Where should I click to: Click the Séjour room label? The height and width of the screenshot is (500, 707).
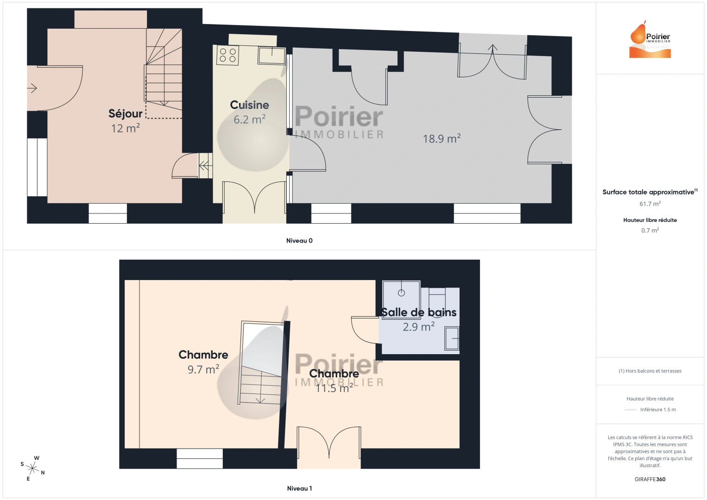click(126, 113)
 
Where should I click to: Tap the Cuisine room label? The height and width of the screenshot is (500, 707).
click(249, 105)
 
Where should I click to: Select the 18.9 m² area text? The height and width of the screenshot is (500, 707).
click(442, 138)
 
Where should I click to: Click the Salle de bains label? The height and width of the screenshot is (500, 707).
click(419, 312)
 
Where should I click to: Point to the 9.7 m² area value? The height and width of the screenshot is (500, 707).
click(203, 369)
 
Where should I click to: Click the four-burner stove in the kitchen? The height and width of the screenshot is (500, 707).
click(227, 56)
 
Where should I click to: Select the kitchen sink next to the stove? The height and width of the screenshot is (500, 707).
click(271, 55)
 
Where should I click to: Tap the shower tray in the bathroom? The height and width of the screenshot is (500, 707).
click(401, 293)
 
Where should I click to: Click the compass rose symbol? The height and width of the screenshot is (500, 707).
click(33, 468)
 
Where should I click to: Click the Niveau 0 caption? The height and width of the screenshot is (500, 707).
click(299, 241)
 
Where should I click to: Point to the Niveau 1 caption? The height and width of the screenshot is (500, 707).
click(299, 488)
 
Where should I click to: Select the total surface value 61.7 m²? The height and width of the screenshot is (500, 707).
click(650, 204)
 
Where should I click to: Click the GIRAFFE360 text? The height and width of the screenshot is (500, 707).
click(650, 479)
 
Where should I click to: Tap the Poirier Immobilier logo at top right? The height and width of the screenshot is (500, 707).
click(650, 40)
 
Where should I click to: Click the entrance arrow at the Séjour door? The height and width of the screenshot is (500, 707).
click(32, 88)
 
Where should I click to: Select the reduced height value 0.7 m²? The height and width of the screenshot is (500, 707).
click(650, 230)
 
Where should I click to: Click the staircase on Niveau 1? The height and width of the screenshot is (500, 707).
click(261, 363)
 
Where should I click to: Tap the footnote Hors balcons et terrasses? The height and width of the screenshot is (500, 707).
click(650, 371)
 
